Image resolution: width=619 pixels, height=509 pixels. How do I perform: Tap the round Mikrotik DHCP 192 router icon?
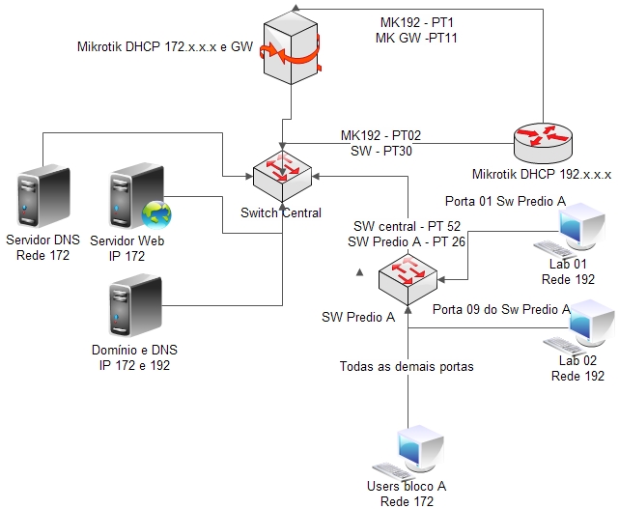pyautogui.click(x=544, y=142)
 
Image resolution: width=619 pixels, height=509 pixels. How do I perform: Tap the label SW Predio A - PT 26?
pyautogui.click(x=407, y=240)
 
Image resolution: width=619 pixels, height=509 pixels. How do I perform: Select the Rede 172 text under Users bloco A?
pyautogui.click(x=407, y=501)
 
